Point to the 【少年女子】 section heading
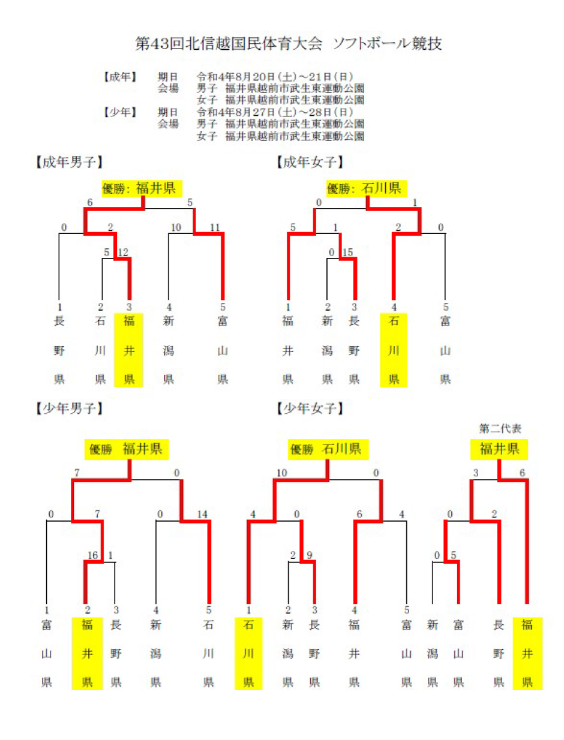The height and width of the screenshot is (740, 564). point(310,409)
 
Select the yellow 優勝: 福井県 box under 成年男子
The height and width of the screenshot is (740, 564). point(142,189)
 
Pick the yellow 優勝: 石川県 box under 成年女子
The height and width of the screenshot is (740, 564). point(366,189)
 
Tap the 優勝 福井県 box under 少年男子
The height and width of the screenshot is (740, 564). point(126,449)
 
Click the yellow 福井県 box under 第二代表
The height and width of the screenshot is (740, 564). point(499,449)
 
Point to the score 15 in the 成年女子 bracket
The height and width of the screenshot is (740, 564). point(347,252)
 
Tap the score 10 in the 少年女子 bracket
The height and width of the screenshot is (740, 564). point(282,473)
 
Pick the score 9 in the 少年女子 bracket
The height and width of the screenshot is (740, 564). point(309,556)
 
